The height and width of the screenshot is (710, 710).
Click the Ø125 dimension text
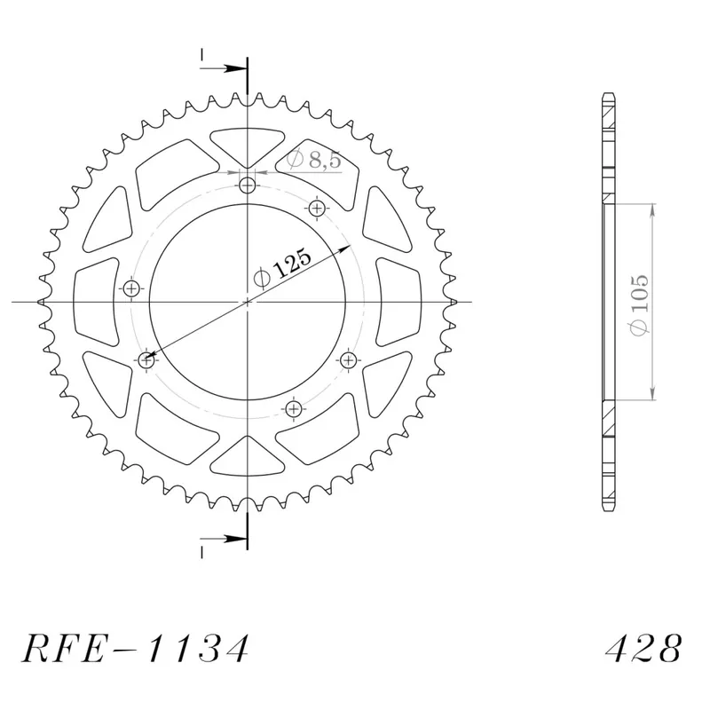pyautogui.click(x=283, y=268)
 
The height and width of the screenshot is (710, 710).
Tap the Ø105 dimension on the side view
pyautogui.click(x=639, y=305)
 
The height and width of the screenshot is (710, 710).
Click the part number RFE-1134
pyautogui.click(x=135, y=648)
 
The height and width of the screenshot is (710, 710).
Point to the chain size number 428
pyautogui.click(x=643, y=648)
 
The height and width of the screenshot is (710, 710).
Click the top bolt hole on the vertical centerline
pyautogui.click(x=248, y=185)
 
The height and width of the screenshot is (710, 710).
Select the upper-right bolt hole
pyautogui.click(x=317, y=209)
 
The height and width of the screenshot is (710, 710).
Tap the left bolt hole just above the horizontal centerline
pyautogui.click(x=131, y=288)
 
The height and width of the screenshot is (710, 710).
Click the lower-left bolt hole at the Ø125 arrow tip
pyautogui.click(x=146, y=360)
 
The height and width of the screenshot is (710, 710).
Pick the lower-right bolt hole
pyautogui.click(x=348, y=360)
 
